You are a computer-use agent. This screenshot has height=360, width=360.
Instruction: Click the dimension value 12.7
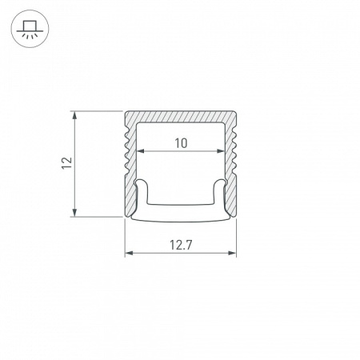coord(180,245)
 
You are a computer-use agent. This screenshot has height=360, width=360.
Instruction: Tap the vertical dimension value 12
coord(67,162)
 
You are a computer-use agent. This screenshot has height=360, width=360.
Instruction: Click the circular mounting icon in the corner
coord(29,29)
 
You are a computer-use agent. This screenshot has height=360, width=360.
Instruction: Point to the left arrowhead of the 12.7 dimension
coord(128,254)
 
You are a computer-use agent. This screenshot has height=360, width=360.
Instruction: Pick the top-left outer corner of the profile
coord(126,110)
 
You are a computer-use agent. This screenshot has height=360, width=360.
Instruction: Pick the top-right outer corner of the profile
coord(236,110)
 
